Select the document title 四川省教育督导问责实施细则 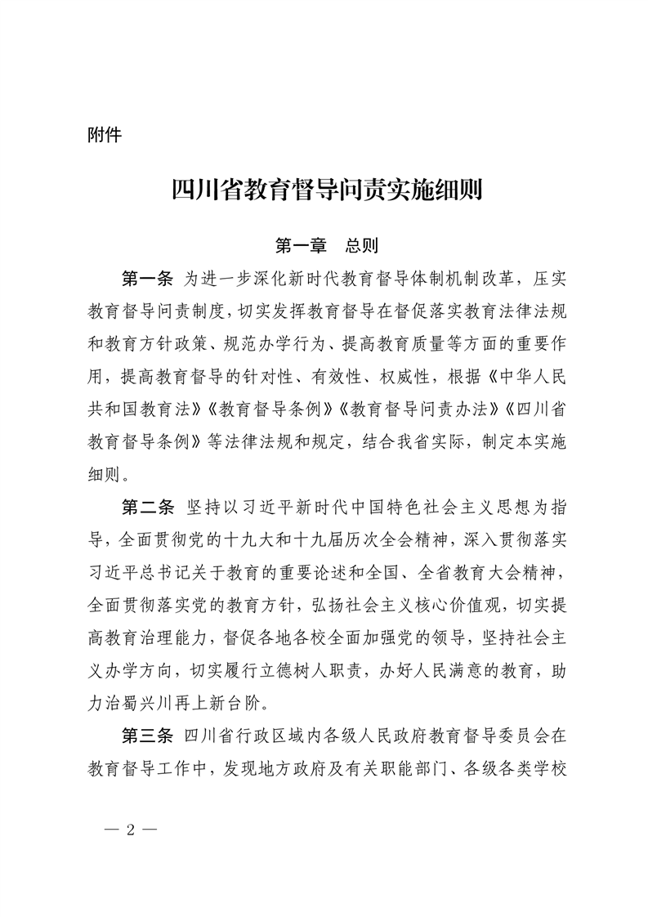(324, 191)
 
